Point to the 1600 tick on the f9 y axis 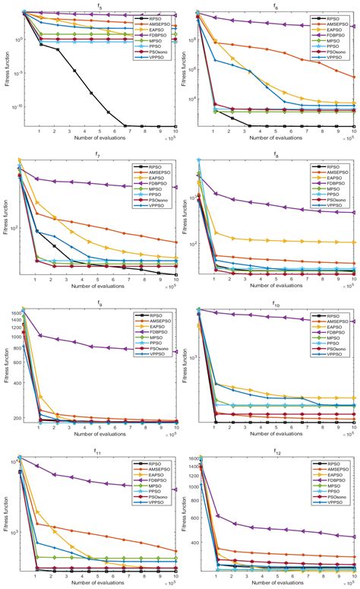[14, 312]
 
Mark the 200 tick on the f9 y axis [15, 418]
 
